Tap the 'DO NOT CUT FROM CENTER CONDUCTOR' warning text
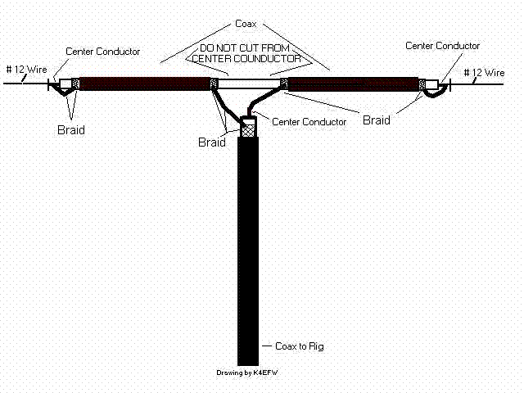click(x=248, y=52)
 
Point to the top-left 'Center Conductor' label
click(x=102, y=51)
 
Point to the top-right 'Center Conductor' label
click(x=443, y=46)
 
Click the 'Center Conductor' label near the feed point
click(x=309, y=122)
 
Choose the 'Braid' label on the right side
click(x=377, y=120)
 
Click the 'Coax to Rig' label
click(x=300, y=346)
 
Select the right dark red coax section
click(x=352, y=84)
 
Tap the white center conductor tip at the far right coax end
click(x=431, y=84)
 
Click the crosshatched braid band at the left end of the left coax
click(x=75, y=83)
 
